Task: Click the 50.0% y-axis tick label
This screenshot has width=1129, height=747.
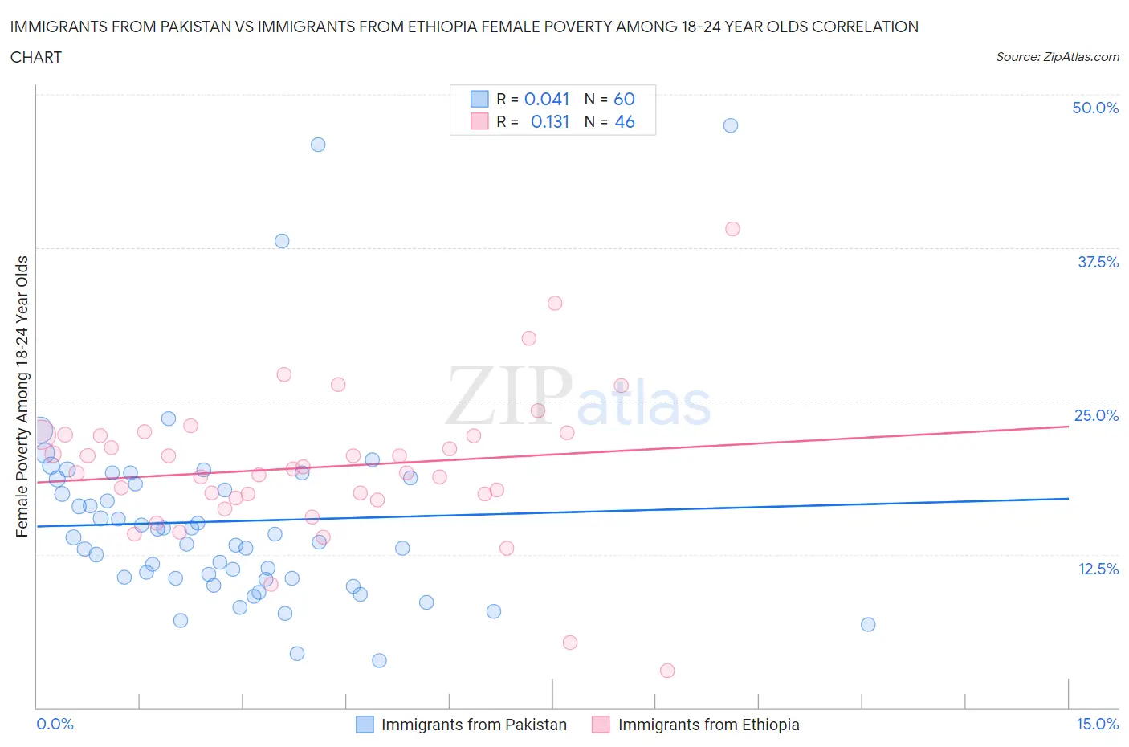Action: [1095, 108]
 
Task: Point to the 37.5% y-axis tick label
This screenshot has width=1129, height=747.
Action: [1098, 262]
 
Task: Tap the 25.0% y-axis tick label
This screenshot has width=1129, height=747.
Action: [1096, 415]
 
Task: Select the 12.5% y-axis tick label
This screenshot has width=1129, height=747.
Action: [1098, 569]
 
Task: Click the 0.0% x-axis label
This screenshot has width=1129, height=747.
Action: [55, 724]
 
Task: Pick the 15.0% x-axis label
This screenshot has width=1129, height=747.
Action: [1097, 724]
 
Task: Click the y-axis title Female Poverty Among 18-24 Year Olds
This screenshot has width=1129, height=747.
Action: [22, 396]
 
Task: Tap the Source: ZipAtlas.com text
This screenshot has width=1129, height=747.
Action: [1057, 57]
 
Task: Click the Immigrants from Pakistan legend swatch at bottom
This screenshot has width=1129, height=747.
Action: [365, 725]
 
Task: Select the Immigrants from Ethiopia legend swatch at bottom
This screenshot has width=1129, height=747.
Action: [601, 725]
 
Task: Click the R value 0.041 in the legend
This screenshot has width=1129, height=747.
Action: [547, 99]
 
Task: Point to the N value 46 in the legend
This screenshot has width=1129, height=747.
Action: [625, 121]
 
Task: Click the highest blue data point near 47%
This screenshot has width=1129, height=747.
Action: [730, 125]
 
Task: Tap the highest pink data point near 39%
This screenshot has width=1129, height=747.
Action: [732, 229]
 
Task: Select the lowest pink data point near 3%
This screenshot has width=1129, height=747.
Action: [667, 671]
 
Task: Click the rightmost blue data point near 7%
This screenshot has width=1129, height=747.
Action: [868, 625]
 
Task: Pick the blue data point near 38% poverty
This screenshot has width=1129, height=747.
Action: [282, 241]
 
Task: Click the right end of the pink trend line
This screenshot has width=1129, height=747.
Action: [1068, 427]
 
